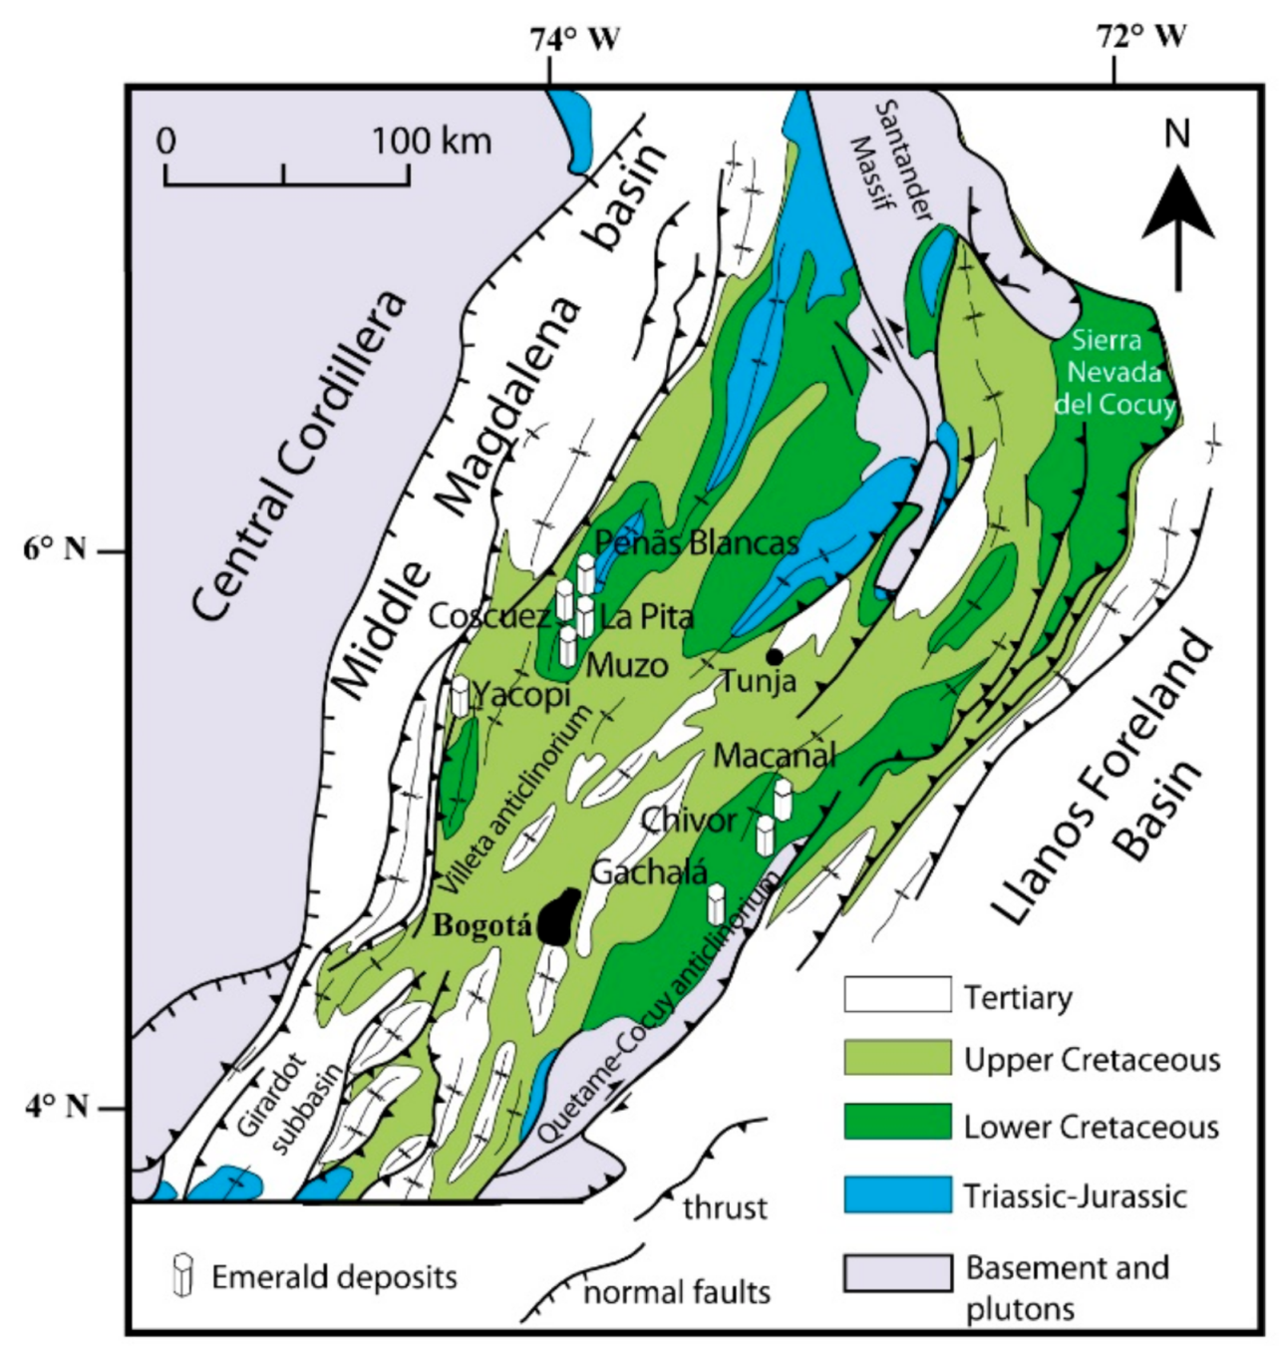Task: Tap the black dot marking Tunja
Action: (x=774, y=656)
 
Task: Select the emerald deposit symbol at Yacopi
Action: (x=460, y=695)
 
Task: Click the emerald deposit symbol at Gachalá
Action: (x=716, y=903)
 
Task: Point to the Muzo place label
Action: (x=626, y=665)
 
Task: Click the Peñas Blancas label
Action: (x=696, y=542)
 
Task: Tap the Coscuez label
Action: (x=488, y=616)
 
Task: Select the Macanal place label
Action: (x=775, y=755)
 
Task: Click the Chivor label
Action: (x=688, y=821)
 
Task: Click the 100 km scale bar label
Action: (x=431, y=141)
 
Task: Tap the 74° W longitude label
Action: (x=574, y=39)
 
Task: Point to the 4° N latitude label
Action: (x=56, y=1106)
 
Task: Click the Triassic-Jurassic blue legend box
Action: (x=896, y=1194)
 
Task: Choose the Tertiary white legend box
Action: (x=896, y=995)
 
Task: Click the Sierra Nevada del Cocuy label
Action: (x=1114, y=372)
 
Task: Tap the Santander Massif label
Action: (x=890, y=159)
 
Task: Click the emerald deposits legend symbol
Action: (x=181, y=1275)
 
